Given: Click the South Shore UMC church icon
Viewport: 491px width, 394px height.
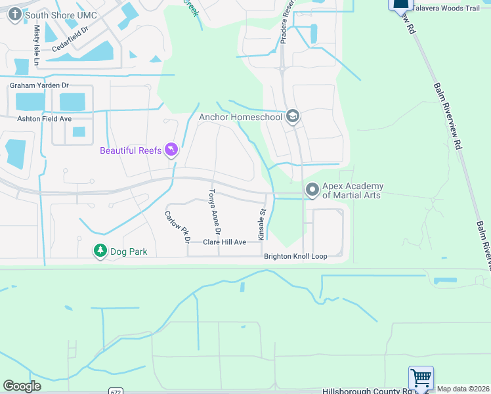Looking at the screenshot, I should pos(15,14).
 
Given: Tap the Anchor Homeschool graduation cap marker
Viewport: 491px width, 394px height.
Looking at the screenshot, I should pos(293,118).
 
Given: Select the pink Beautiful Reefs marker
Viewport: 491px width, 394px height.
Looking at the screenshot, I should pos(171,150).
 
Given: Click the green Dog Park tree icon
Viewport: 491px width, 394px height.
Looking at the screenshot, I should pos(100,251).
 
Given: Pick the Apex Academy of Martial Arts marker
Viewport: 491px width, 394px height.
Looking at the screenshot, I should pos(312,190).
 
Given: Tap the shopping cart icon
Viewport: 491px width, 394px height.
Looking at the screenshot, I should pos(421,379).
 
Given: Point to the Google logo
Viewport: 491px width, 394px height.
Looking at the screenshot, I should pos(22,386).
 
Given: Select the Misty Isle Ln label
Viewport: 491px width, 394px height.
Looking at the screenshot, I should pos(37,46).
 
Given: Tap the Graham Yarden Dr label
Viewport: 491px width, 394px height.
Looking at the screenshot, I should pos(39,85).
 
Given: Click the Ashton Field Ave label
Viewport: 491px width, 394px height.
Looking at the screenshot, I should pos(44,119).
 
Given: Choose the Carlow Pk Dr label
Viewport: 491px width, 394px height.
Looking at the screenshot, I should pos(177,226).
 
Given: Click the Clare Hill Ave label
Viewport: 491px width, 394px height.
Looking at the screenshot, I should pos(224,242).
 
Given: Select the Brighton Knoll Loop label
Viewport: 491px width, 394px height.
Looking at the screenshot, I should pos(295,256).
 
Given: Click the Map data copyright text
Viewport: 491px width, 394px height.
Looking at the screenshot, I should pos(463,389).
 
